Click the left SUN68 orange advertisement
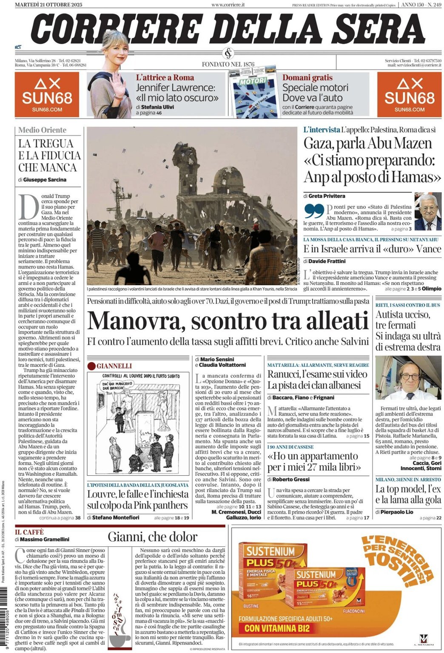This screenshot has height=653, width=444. pos(47,94)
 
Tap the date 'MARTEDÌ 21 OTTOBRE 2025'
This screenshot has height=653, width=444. pos(48,5)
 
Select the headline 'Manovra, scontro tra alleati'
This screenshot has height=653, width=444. pos(228,321)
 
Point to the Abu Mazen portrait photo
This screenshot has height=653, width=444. pos(427,212)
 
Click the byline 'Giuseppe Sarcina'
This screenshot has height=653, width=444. pos(45,180)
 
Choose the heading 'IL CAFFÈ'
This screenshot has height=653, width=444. pos(29,532)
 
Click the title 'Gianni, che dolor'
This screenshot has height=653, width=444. pos(153,537)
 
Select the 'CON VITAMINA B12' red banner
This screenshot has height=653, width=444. pos(277,628)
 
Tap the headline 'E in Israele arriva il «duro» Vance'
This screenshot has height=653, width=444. pos(372,249)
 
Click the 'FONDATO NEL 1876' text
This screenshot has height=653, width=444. pos(228,64)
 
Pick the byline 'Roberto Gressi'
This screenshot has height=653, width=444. pos(291,479)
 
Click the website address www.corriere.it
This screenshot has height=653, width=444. pos(228,5)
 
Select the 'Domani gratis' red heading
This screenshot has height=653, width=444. pos(307,78)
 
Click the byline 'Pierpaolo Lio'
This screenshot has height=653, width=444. pos(398,512)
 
